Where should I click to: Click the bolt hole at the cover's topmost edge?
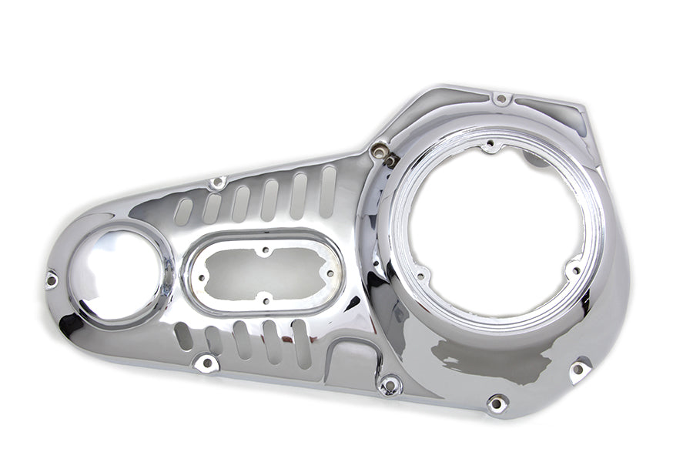coord(501,99)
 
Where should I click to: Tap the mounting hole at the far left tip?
coord(52,279)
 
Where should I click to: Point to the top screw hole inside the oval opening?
coord(266,250)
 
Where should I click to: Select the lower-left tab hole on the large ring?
coord(421,276)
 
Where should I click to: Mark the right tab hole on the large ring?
coord(574,269)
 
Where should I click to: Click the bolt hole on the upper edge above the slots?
coord(218,183)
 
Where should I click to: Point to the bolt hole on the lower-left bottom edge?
coord(206,363)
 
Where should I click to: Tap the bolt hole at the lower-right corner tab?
coord(578,370)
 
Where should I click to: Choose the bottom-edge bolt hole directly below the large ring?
coord(497,403)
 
